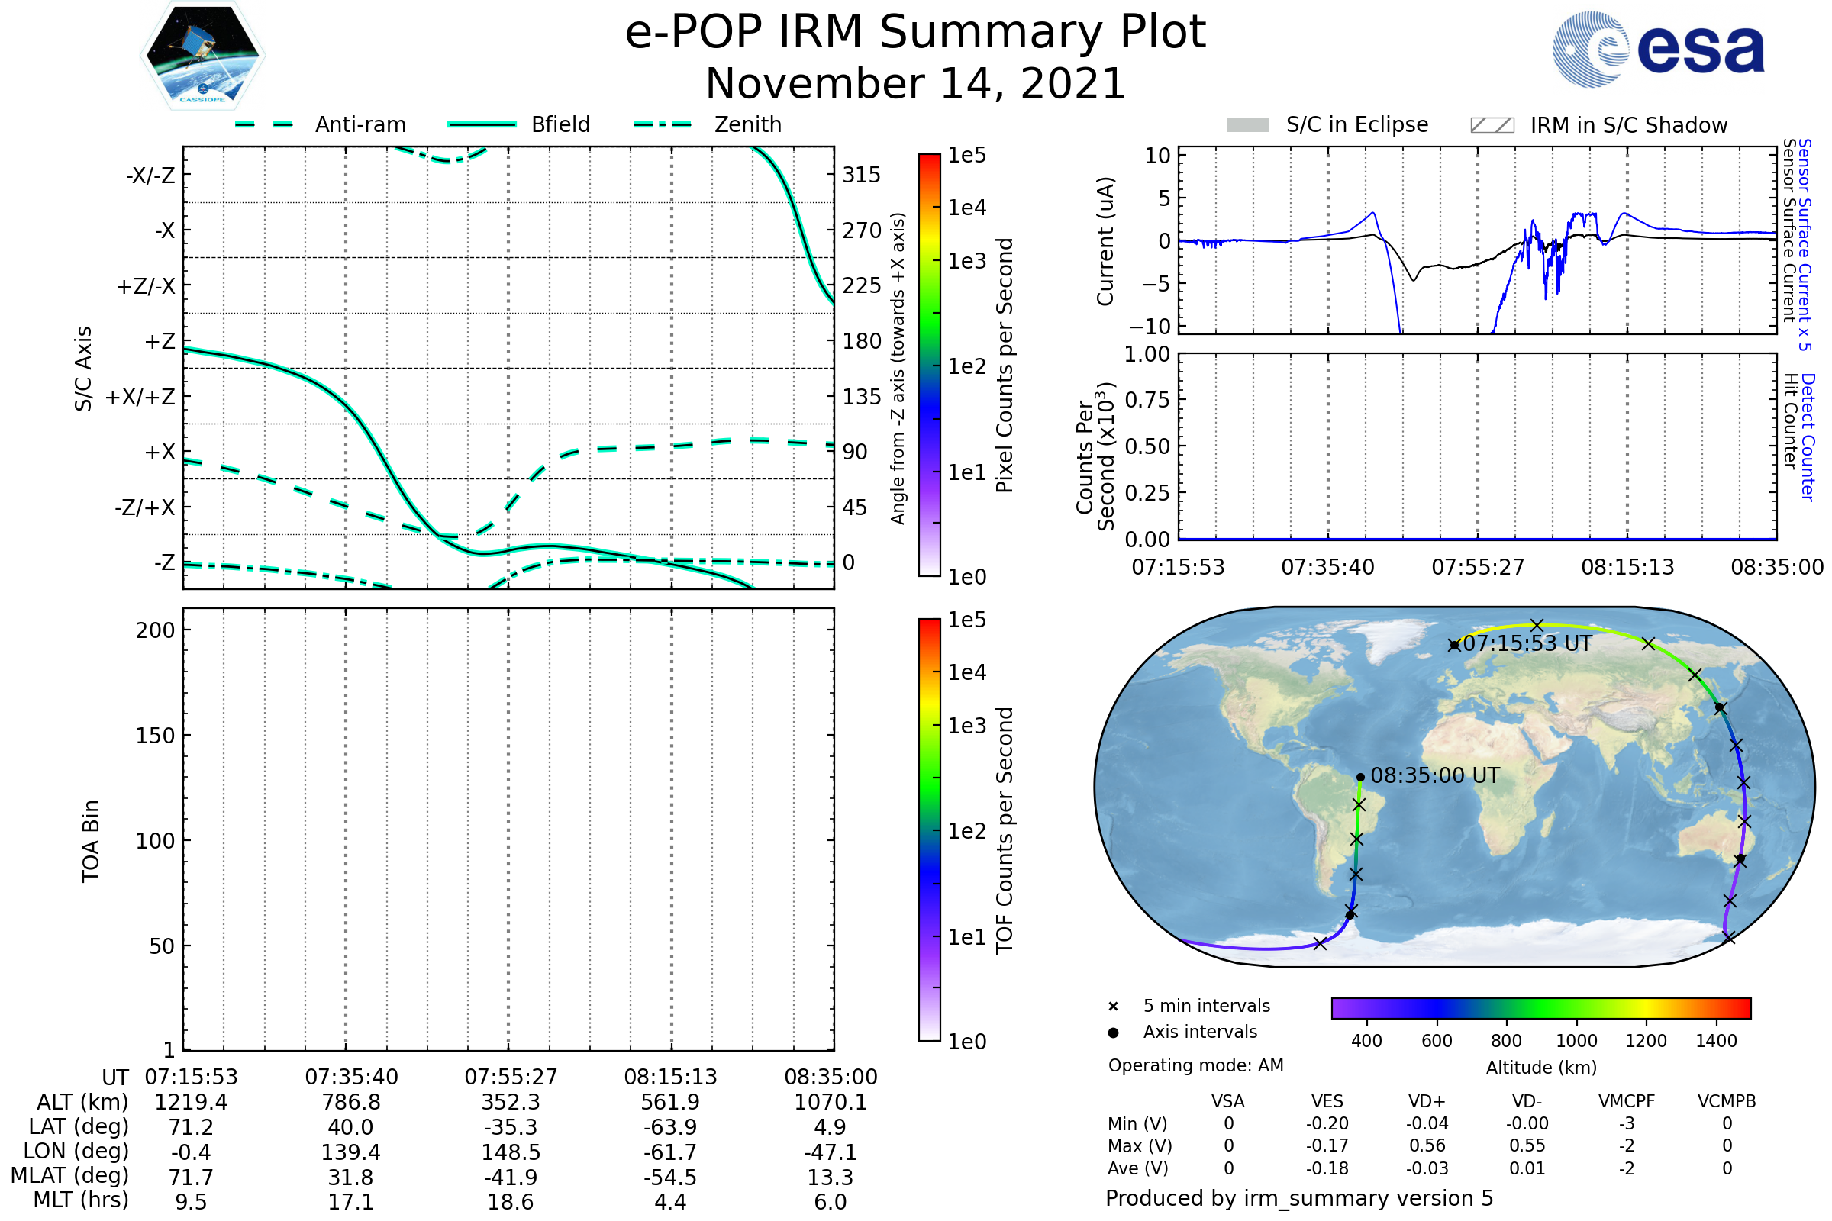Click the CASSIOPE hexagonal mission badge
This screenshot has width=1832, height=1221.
click(202, 54)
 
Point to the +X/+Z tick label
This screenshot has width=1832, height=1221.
click(140, 397)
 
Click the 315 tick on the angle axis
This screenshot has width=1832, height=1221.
click(861, 175)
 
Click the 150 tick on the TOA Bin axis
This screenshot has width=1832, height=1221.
click(155, 736)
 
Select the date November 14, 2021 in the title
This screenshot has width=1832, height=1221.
click(915, 83)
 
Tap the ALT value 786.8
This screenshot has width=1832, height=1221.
click(351, 1102)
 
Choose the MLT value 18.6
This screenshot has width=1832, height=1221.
click(510, 1201)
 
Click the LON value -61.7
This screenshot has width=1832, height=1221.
click(670, 1152)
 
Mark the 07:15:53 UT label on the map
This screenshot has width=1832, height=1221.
click(1527, 644)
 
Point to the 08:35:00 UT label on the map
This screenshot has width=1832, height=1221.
click(1435, 775)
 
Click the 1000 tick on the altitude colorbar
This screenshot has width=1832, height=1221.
click(1576, 1041)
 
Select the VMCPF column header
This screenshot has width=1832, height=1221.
click(1627, 1101)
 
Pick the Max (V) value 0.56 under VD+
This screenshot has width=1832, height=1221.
click(1427, 1145)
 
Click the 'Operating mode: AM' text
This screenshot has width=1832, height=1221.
click(1195, 1065)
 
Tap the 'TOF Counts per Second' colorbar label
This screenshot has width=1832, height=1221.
click(1005, 830)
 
